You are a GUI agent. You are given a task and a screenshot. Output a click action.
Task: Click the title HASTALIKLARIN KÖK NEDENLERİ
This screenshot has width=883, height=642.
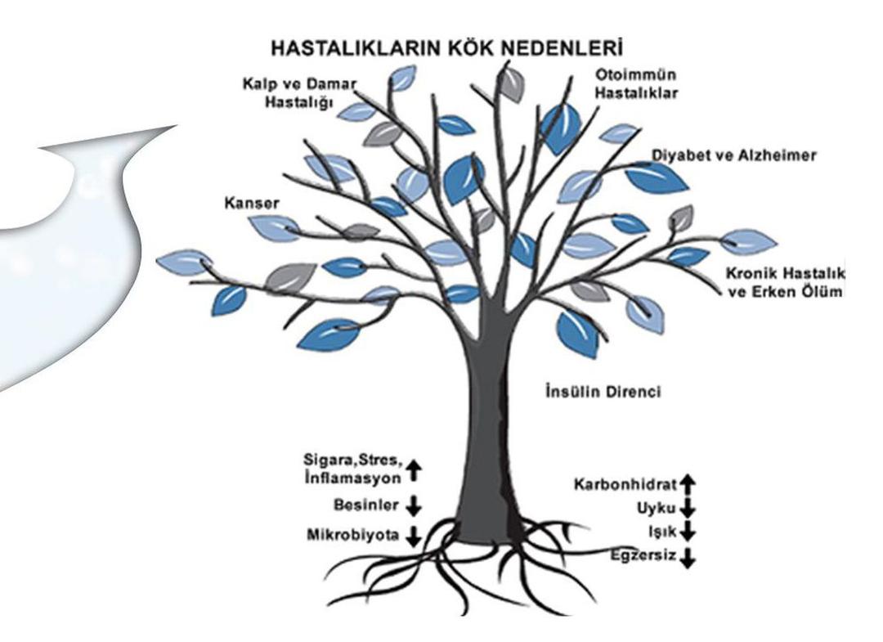pyautogui.click(x=446, y=48)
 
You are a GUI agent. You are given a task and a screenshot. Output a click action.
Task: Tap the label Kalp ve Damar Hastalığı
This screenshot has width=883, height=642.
pyautogui.click(x=299, y=93)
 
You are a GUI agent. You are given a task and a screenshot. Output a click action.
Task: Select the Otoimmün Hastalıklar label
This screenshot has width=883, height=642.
pyautogui.click(x=636, y=83)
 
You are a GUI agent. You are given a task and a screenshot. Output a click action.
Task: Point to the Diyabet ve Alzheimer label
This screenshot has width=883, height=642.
pyautogui.click(x=733, y=155)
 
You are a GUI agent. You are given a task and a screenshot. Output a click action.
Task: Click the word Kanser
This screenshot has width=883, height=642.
pyautogui.click(x=252, y=203)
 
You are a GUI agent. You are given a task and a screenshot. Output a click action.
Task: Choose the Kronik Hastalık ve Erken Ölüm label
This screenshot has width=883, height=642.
pyautogui.click(x=785, y=283)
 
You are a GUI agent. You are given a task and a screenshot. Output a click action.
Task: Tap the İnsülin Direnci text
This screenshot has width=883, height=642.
pyautogui.click(x=603, y=391)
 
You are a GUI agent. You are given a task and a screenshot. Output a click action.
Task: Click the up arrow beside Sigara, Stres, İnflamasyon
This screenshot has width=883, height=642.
pyautogui.click(x=414, y=470)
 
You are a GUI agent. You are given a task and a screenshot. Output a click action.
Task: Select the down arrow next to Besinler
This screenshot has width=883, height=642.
pyautogui.click(x=414, y=505)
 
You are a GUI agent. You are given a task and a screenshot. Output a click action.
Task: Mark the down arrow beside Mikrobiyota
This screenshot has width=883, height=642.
pyautogui.click(x=414, y=536)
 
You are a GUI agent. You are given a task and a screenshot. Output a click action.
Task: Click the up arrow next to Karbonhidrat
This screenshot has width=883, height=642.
pyautogui.click(x=688, y=484)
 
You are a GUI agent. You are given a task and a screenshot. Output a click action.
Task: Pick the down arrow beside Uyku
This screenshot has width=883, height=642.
pyautogui.click(x=688, y=508)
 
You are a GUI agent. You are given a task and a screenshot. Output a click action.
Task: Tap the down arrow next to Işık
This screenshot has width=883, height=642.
pyautogui.click(x=688, y=531)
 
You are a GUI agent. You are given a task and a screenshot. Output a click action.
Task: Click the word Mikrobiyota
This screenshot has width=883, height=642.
pyautogui.click(x=353, y=534)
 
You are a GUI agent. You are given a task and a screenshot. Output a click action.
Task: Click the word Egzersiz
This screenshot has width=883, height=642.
pyautogui.click(x=643, y=556)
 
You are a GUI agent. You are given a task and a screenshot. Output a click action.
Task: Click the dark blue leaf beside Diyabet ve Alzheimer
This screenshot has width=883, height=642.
pyautogui.click(x=657, y=176)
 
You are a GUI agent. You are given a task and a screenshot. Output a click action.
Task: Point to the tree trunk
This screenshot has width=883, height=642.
pyautogui.click(x=487, y=428)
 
